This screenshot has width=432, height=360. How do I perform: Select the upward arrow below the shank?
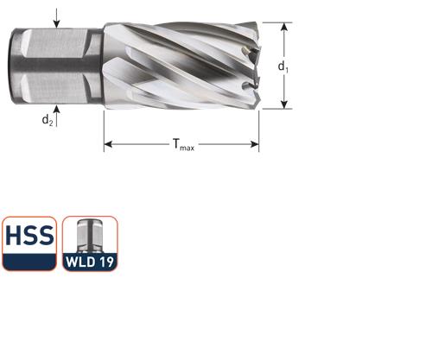[57, 109]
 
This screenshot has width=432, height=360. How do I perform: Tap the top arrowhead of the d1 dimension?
[283, 27]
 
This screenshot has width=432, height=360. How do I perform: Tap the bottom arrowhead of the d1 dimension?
[283, 105]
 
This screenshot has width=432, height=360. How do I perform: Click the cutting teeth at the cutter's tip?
[252, 65]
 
